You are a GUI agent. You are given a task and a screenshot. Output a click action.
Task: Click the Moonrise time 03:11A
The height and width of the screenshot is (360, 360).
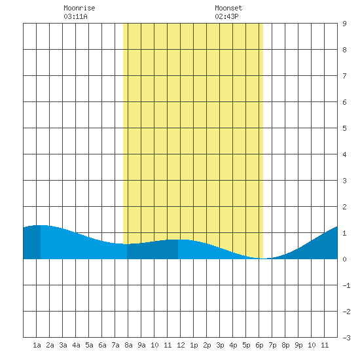point(75,16)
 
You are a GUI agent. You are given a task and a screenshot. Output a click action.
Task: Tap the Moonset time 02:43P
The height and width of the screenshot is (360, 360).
point(226,16)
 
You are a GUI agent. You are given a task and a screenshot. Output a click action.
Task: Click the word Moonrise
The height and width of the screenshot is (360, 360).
point(79,8)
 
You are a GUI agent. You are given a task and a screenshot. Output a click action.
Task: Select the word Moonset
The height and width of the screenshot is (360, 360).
point(228,8)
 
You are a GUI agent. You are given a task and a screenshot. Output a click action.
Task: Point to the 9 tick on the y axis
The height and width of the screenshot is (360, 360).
point(344,24)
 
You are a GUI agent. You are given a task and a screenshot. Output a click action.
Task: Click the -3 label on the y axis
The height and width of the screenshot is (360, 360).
point(346,338)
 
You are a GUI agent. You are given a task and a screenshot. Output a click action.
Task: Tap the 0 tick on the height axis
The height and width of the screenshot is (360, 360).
point(344,259)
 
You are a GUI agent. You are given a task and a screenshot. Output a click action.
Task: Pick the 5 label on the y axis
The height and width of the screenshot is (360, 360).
point(344,128)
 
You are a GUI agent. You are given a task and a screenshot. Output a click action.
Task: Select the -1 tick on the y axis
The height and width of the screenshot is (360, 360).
point(346,285)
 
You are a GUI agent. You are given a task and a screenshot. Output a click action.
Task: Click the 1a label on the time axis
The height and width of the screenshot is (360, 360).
point(37,345)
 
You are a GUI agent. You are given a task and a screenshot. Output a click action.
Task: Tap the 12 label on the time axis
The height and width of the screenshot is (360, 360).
point(181,345)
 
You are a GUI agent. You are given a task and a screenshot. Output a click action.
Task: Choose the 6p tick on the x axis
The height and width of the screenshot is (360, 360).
point(259,345)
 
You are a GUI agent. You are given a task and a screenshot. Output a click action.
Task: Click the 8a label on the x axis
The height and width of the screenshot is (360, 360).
point(128,345)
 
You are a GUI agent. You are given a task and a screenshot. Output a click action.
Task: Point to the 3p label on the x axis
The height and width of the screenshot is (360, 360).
point(220,345)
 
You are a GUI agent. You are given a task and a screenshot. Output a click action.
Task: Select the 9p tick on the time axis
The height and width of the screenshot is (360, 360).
point(298,345)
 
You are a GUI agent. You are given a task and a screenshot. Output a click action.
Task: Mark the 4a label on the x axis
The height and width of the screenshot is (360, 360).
point(76,345)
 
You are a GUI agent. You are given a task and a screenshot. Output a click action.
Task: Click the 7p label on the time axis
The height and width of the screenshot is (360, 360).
point(272,345)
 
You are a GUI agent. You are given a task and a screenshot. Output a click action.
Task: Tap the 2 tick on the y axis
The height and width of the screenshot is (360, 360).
point(344,207)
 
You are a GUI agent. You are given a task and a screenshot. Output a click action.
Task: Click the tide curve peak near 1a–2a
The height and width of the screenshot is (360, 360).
point(41,225)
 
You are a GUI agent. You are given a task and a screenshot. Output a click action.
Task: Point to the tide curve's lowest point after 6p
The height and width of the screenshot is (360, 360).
point(264,259)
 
